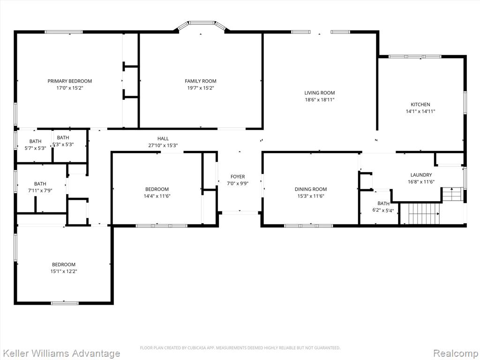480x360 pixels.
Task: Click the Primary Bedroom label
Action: pos(69,81)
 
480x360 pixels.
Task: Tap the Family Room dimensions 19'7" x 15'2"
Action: pos(200,88)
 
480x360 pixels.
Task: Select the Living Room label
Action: pos(320,93)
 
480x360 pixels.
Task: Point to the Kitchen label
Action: pos(420,105)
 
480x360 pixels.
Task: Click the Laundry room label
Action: pos(420,175)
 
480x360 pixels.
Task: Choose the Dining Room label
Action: pos(310,189)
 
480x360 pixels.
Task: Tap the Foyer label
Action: pos(238,177)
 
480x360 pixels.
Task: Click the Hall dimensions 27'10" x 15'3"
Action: pos(163,145)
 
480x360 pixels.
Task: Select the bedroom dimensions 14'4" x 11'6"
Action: pos(157,196)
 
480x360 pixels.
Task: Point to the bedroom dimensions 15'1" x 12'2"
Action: pos(64,271)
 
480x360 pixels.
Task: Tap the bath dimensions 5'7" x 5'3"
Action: pos(35,148)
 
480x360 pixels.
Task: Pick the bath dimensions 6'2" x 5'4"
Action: pos(383,210)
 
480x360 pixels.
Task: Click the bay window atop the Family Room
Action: pos(202,22)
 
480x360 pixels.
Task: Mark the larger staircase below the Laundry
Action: pos(424,214)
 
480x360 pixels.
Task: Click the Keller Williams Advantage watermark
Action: pos(60,353)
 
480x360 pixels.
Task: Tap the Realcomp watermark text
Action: pos(455,353)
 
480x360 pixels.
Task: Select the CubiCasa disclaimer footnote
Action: pos(240,348)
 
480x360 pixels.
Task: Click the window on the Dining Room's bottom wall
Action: pos(308,225)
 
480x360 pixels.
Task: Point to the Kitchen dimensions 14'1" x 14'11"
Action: pos(420,112)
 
